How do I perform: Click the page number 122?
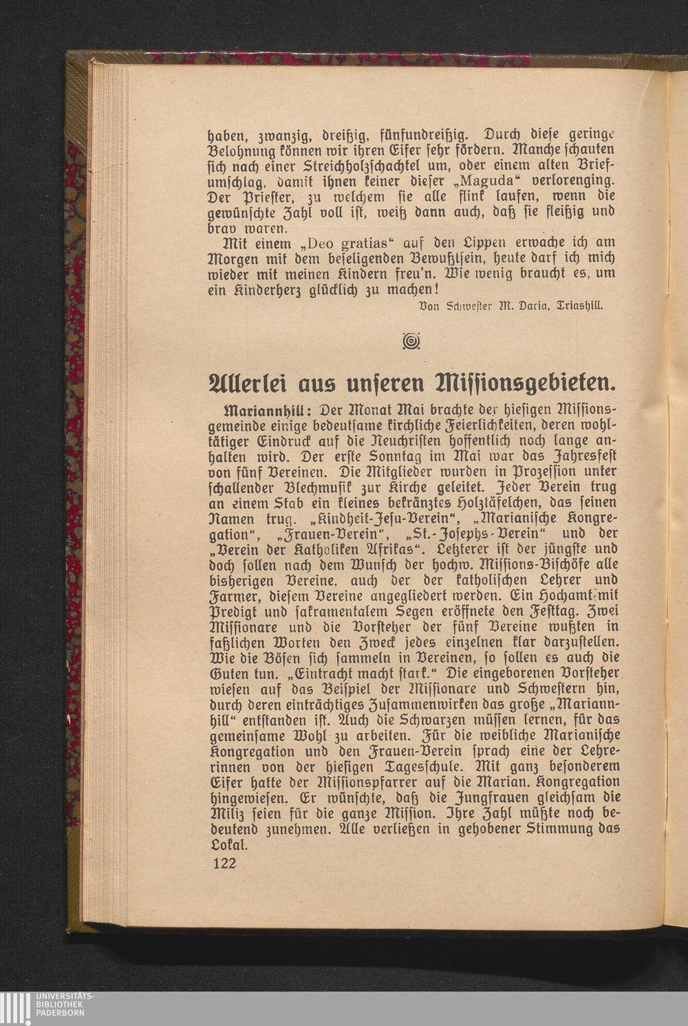[223, 863]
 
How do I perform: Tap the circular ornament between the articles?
[413, 340]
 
